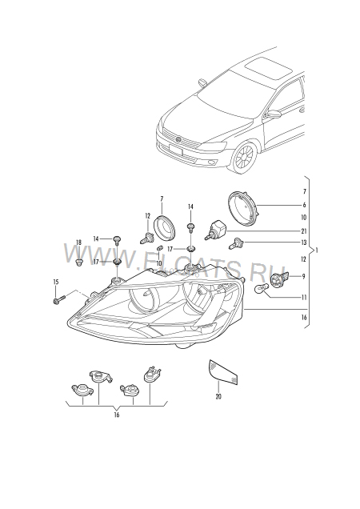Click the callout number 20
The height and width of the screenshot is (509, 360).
[x=218, y=396]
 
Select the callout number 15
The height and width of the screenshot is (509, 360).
[x=56, y=282]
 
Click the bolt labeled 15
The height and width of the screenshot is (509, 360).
[x=58, y=299]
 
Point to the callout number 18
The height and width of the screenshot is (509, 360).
[x=79, y=242]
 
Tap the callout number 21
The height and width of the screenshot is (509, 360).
[x=304, y=231]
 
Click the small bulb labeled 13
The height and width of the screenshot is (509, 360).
[x=234, y=243]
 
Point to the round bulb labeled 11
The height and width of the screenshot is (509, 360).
[x=261, y=288]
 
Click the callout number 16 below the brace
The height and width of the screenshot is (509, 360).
[x=117, y=415]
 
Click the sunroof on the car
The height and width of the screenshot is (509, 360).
[x=268, y=69]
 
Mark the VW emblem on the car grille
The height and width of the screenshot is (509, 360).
[x=179, y=139]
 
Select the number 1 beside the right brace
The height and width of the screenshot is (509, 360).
[x=317, y=250]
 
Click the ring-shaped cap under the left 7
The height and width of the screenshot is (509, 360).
[x=165, y=226]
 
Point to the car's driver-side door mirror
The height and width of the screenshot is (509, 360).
[x=273, y=114]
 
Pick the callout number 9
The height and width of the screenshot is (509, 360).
[x=304, y=277]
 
